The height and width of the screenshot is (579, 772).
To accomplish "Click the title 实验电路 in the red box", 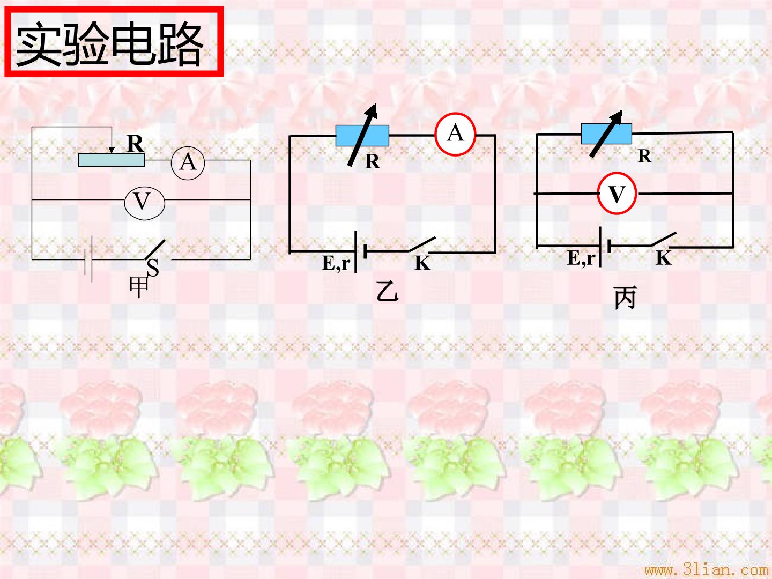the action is pos(110,43).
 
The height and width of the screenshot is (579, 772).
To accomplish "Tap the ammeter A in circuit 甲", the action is pos(188,163).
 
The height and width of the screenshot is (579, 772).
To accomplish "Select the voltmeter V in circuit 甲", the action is pos(145,203).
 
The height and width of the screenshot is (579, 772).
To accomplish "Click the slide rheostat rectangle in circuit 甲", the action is pos(111,160).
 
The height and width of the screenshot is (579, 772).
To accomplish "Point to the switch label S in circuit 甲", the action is pos(153,268).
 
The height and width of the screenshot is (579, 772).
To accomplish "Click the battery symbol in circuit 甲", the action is pos(88,259).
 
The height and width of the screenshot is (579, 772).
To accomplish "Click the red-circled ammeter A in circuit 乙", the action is pos(455,134).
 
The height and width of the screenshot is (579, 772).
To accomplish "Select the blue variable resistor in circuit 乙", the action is pos(362,135).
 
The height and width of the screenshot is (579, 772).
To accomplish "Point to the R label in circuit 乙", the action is pos(373,161).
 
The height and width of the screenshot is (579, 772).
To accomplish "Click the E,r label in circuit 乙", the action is pos(336,263).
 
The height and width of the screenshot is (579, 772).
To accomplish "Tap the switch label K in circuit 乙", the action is pos(422,263).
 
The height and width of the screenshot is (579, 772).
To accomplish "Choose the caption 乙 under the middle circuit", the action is pos(387,292).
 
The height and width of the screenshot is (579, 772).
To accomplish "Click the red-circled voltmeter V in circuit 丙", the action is pos(617,193).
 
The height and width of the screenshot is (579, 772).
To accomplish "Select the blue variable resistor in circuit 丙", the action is pos(606,133).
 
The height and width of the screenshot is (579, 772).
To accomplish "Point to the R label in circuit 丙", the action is pos(645,155).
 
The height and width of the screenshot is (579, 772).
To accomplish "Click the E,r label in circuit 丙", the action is pos(581,258).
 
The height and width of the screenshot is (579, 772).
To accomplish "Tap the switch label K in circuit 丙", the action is pos(664,258).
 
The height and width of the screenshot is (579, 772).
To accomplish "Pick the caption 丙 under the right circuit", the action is pos(626,298).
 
